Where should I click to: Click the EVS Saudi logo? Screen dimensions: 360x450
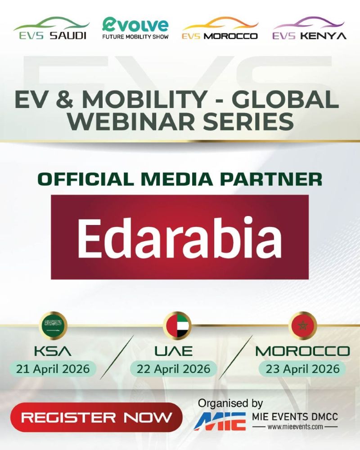click(51, 28)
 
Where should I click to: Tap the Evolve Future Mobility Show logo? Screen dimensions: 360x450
click(135, 28)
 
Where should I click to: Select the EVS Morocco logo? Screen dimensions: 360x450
click(220, 28)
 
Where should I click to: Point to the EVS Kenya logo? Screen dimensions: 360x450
click(309, 28)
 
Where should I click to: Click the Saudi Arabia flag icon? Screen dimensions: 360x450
click(53, 325)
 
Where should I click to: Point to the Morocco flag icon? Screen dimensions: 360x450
click(302, 325)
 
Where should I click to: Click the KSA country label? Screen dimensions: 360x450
click(53, 351)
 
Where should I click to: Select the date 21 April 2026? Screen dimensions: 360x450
click(53, 369)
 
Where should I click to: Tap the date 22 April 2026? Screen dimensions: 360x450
click(173, 369)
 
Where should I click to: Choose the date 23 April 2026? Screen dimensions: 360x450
click(302, 369)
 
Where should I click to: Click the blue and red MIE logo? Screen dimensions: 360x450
click(220, 422)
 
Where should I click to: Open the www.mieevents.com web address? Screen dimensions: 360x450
click(295, 427)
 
